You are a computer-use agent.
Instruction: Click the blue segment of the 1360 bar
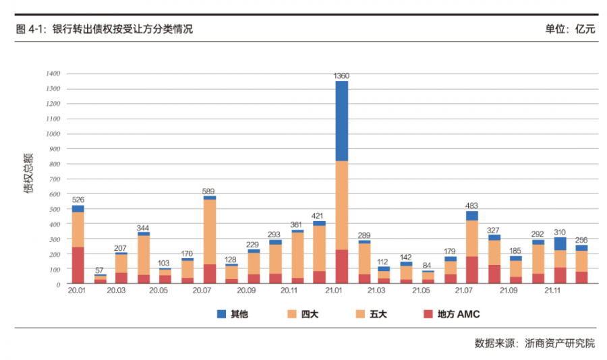pyautogui.click(x=341, y=121)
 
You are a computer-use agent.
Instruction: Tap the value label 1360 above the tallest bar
pyautogui.click(x=341, y=76)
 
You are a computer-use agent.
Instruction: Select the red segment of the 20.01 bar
pyautogui.click(x=78, y=265)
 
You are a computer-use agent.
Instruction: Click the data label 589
pyautogui.click(x=209, y=191)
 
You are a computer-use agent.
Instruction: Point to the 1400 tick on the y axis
pyautogui.click(x=53, y=73)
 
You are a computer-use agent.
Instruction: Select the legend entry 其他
pyautogui.click(x=231, y=314)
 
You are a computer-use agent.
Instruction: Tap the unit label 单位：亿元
pyautogui.click(x=570, y=30)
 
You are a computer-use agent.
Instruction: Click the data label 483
pyautogui.click(x=471, y=206)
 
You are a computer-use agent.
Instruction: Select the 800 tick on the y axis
pyautogui.click(x=55, y=164)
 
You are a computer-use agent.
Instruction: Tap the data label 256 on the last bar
pyautogui.click(x=581, y=240)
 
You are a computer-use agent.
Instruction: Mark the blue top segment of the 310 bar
pyautogui.click(x=560, y=243)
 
